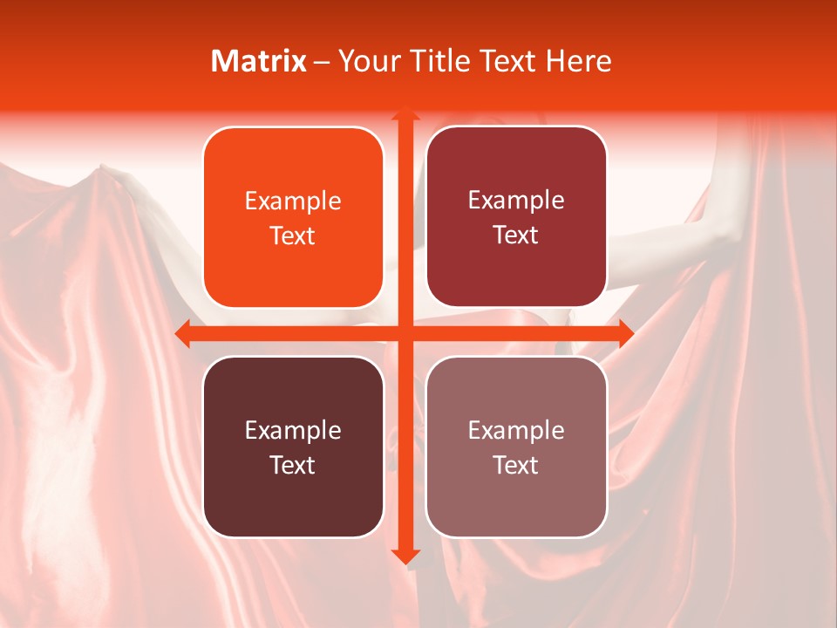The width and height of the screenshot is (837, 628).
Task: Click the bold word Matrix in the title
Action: [x=259, y=61]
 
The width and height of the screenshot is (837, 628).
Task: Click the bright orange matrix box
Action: [x=293, y=218]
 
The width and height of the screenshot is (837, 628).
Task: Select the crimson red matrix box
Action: [x=516, y=217]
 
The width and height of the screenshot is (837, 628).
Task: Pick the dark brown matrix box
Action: [x=293, y=447]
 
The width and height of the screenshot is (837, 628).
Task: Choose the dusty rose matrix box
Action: [x=516, y=447]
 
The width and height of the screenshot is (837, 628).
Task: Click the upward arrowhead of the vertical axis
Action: [x=405, y=114]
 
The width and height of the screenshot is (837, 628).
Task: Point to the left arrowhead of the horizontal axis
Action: [x=182, y=333]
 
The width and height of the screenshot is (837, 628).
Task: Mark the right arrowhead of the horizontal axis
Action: [x=626, y=333]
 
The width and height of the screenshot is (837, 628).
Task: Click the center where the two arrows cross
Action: [x=405, y=333]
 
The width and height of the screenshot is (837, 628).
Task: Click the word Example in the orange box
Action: [x=293, y=201]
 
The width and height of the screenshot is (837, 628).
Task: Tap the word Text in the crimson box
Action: [x=516, y=235]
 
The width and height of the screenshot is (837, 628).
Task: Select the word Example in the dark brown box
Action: [x=293, y=430]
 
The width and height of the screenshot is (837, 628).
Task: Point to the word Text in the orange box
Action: [x=293, y=235]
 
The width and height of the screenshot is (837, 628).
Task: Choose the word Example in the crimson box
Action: [x=516, y=201]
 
